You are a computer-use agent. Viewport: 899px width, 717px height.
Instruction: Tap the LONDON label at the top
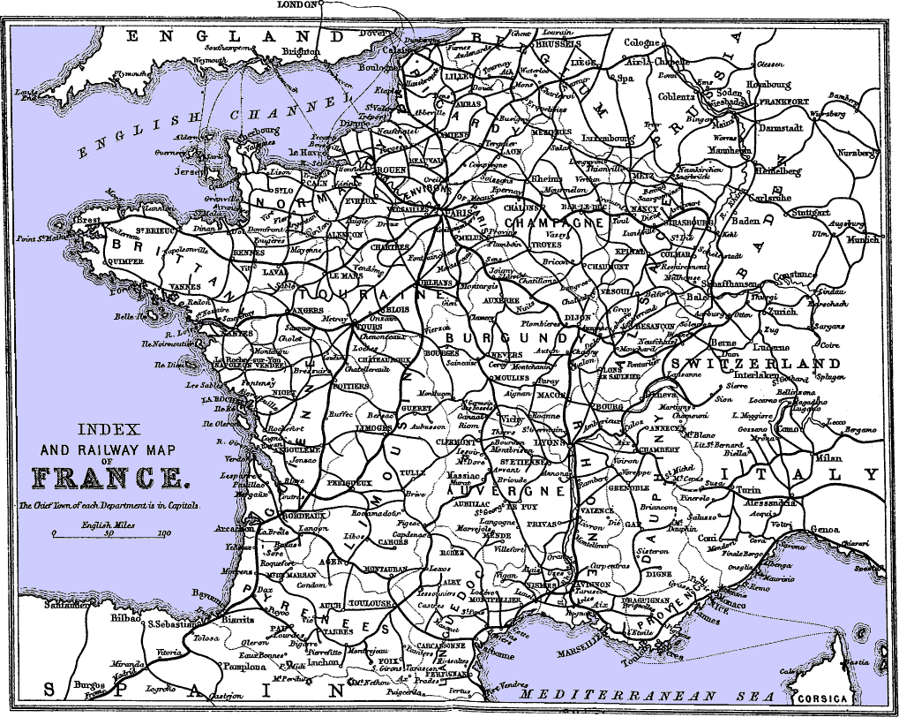296,4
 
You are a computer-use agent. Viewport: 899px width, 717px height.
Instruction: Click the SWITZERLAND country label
756,364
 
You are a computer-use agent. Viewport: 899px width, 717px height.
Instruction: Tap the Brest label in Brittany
87,219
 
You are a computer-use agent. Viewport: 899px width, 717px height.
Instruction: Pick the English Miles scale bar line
109,536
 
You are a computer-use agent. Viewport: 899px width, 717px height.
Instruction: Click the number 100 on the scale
163,533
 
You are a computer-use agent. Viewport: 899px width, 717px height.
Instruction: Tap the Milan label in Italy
828,459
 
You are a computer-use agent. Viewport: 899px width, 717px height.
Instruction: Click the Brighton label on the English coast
301,51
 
